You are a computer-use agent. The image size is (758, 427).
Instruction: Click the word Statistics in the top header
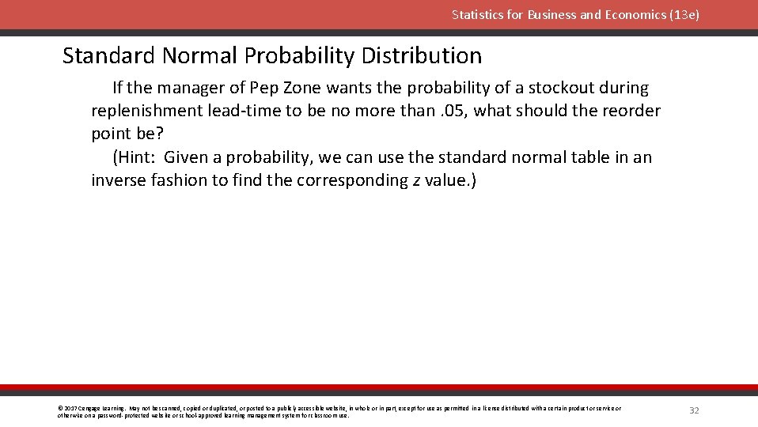point(477,15)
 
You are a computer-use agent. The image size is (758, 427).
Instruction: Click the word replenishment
point(146,111)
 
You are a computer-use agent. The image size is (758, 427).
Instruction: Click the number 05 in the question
point(454,111)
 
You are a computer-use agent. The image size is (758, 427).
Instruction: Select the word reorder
point(631,111)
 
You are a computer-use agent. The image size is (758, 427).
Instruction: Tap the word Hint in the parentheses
point(137,157)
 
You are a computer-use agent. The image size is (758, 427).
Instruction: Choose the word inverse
point(119,180)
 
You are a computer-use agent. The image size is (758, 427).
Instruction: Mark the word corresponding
point(352,180)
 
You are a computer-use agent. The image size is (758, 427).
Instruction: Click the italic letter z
point(416,181)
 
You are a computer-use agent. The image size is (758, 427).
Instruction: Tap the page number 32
point(694,410)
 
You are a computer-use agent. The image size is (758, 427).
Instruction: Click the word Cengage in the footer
point(89,408)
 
